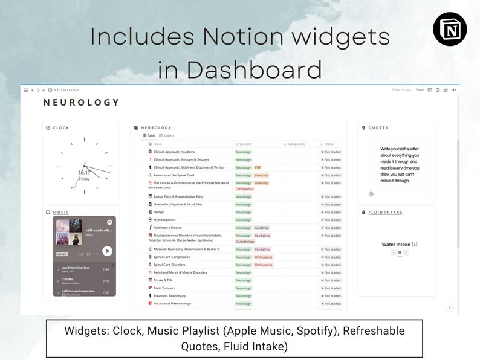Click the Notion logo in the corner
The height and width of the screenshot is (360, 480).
[450, 28]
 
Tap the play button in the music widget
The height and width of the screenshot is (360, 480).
[107, 251]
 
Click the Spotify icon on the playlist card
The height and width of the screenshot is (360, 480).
[109, 223]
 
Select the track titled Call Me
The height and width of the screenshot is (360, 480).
[68, 280]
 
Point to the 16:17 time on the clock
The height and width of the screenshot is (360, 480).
[84, 173]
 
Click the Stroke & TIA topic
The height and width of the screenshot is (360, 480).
[164, 280]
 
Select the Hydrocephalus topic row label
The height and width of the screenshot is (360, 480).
[164, 220]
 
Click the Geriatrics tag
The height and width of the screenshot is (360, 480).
[262, 228]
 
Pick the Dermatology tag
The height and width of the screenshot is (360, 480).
[245, 242]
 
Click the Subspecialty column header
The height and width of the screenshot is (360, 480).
[297, 144]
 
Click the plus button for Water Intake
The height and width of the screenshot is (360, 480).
[406, 252]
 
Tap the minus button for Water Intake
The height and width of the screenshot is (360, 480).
[393, 252]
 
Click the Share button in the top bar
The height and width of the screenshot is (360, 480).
[420, 90]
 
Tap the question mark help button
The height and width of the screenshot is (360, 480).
[449, 307]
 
